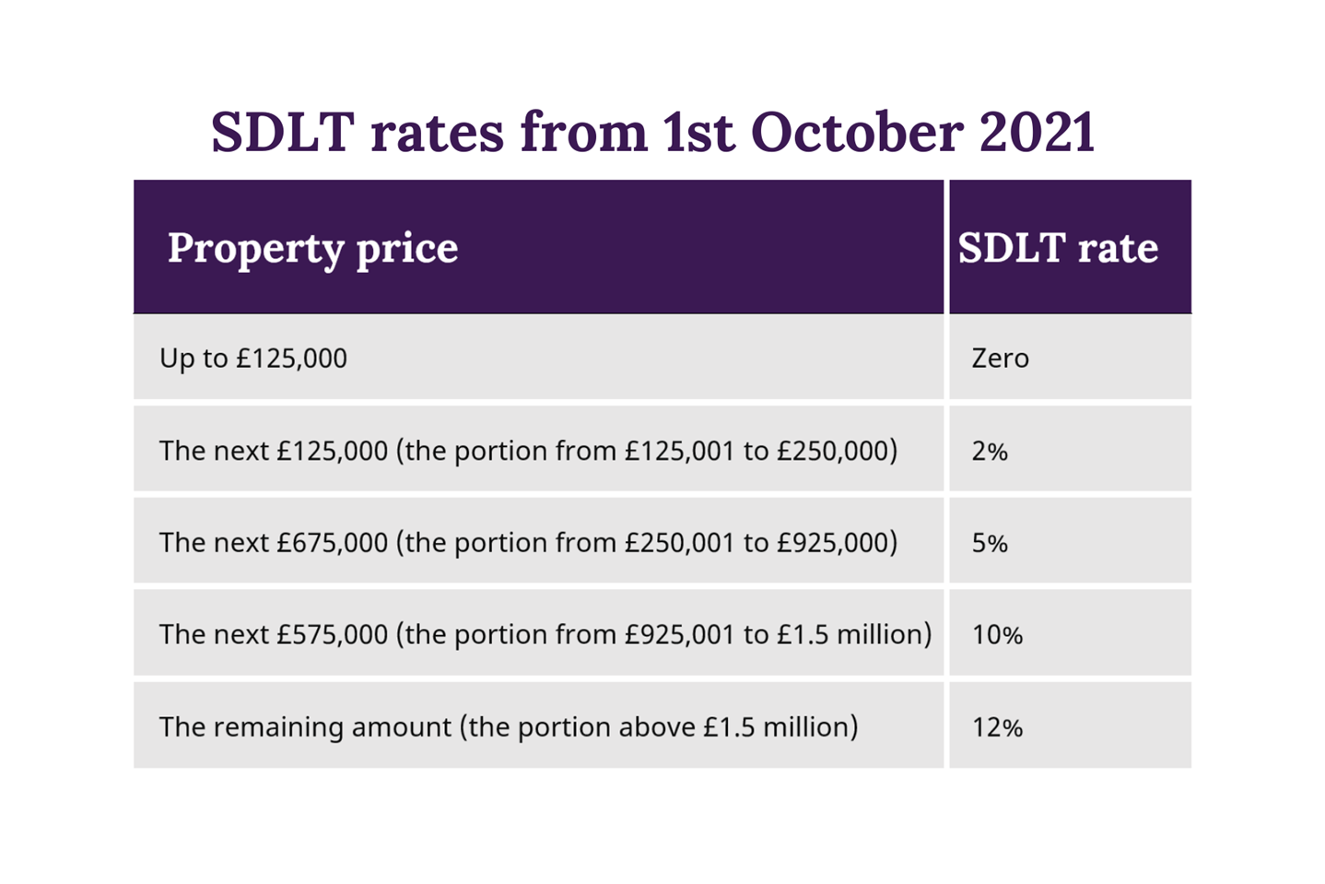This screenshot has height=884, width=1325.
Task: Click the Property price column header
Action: point(312,248)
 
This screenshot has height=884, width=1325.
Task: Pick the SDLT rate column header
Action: point(1058,248)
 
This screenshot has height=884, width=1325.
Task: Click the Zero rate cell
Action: point(1000,358)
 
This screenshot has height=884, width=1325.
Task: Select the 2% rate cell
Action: point(990,451)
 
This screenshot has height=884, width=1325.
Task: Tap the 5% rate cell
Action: point(990,543)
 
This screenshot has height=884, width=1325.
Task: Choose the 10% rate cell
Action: point(997,635)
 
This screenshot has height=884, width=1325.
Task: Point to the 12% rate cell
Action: point(997,727)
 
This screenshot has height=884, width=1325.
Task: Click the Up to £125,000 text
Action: point(253,358)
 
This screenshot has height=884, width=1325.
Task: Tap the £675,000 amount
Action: point(332,542)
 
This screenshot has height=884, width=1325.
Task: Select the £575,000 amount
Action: point(332,634)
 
